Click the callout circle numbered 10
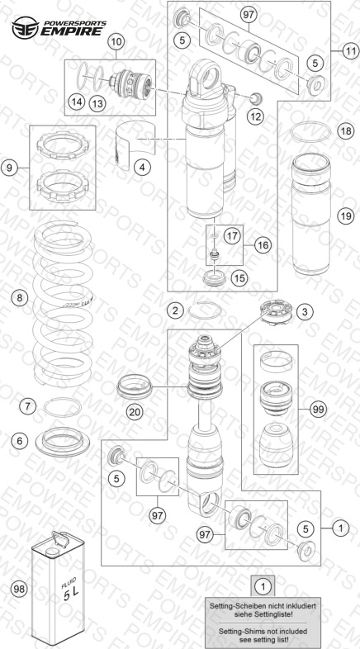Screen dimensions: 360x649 click(116, 41)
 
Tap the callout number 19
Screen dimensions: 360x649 click(345, 216)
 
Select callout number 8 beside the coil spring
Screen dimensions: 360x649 click(20, 297)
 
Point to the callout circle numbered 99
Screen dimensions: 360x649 click(318, 410)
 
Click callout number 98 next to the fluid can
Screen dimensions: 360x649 click(20, 589)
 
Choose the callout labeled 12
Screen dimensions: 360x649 click(255, 116)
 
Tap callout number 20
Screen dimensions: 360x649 click(135, 412)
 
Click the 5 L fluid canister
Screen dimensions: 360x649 click(58, 588)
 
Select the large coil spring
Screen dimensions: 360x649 click(63, 304)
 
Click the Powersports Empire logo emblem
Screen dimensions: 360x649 click(26, 27)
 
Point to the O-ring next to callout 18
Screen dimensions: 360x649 click(310, 131)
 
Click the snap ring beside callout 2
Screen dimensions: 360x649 click(205, 310)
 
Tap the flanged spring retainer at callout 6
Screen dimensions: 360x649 click(63, 442)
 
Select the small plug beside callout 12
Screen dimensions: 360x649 click(257, 98)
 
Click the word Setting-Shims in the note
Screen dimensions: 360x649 click(239, 632)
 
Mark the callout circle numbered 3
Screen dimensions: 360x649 click(305, 311)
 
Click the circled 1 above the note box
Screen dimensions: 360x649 click(263, 586)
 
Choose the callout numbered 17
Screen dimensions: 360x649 click(232, 236)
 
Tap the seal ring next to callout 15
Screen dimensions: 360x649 click(216, 277)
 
